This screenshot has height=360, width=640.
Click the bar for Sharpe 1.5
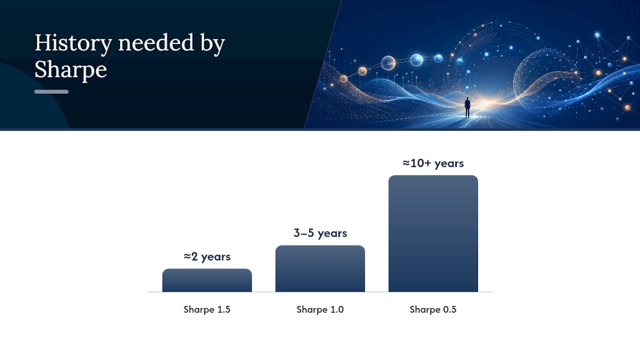pyautogui.click(x=207, y=280)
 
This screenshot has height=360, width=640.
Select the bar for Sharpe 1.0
pyautogui.click(x=320, y=268)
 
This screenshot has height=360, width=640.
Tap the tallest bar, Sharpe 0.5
pyautogui.click(x=433, y=233)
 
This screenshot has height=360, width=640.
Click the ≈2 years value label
pyautogui.click(x=207, y=256)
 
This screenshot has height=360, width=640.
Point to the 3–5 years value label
pyautogui.click(x=320, y=233)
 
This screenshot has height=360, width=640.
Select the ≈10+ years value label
pyautogui.click(x=433, y=163)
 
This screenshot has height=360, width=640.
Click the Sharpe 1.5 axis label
pyautogui.click(x=207, y=309)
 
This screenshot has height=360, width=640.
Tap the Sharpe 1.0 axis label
pyautogui.click(x=320, y=309)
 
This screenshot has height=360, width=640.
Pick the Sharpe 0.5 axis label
pyautogui.click(x=433, y=309)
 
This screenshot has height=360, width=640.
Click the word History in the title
pyautogui.click(x=73, y=43)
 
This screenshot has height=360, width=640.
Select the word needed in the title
pyautogui.click(x=156, y=42)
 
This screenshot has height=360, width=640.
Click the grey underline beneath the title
pyautogui.click(x=51, y=91)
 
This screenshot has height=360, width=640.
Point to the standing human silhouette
pyautogui.click(x=467, y=107)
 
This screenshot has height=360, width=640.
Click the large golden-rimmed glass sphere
pyautogui.click(x=388, y=63)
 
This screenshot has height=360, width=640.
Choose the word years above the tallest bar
pyautogui.click(x=449, y=164)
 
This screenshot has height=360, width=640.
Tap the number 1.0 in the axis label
pyautogui.click(x=337, y=309)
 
